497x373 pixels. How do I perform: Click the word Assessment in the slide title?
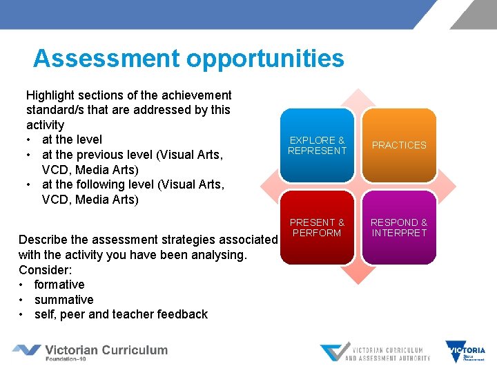(106, 58)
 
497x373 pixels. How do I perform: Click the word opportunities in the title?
(265, 59)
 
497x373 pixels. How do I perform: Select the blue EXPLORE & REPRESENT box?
(318, 145)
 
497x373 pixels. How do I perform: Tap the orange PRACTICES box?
(399, 145)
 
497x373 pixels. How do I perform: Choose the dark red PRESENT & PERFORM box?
(318, 228)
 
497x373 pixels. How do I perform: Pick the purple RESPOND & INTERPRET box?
(399, 228)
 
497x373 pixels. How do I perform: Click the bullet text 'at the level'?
(72, 140)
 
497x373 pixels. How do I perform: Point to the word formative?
(59, 285)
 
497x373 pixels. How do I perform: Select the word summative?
(64, 300)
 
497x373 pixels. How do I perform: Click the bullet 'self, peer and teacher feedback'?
(121, 314)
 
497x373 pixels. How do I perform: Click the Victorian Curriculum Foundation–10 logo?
(90, 352)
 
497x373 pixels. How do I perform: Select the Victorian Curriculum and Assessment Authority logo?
(375, 352)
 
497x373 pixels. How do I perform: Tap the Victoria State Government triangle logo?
(465, 352)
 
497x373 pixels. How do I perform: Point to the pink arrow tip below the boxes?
(358, 276)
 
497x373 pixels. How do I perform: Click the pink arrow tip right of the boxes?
(449, 186)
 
